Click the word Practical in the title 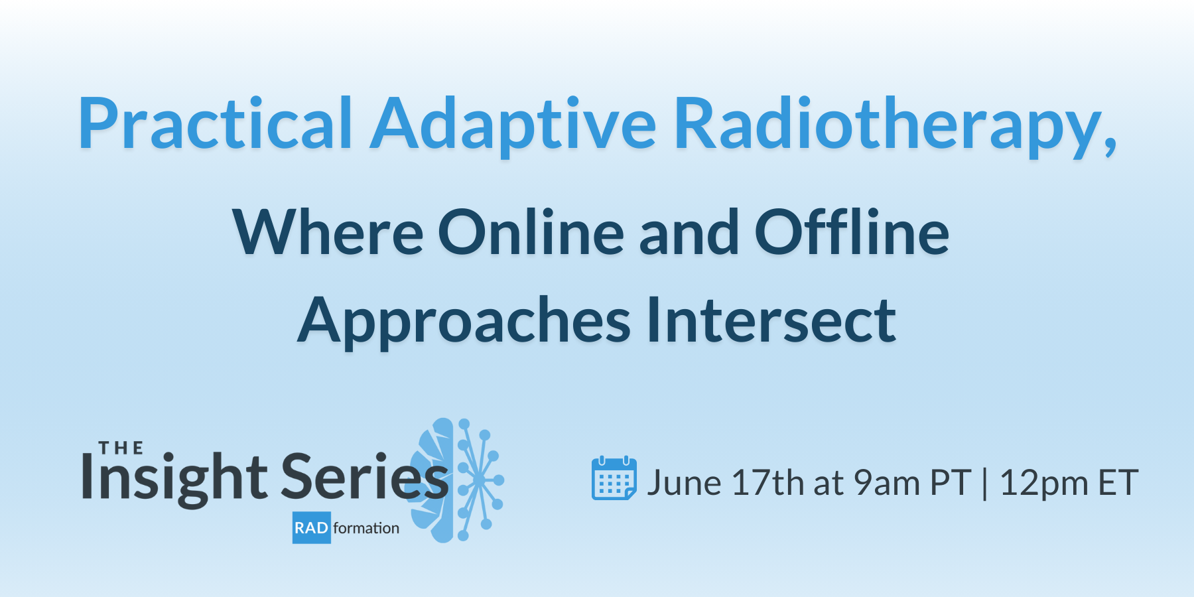(216, 125)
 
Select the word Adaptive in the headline (513, 125)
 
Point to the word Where (328, 233)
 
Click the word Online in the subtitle (531, 233)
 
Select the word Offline (852, 233)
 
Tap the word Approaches (464, 321)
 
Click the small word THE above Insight (121, 448)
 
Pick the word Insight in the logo (174, 478)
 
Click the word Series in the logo (365, 478)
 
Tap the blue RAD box (311, 528)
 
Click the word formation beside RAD (366, 528)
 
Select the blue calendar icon (614, 478)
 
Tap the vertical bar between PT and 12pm (984, 483)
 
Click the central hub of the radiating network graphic (478, 480)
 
